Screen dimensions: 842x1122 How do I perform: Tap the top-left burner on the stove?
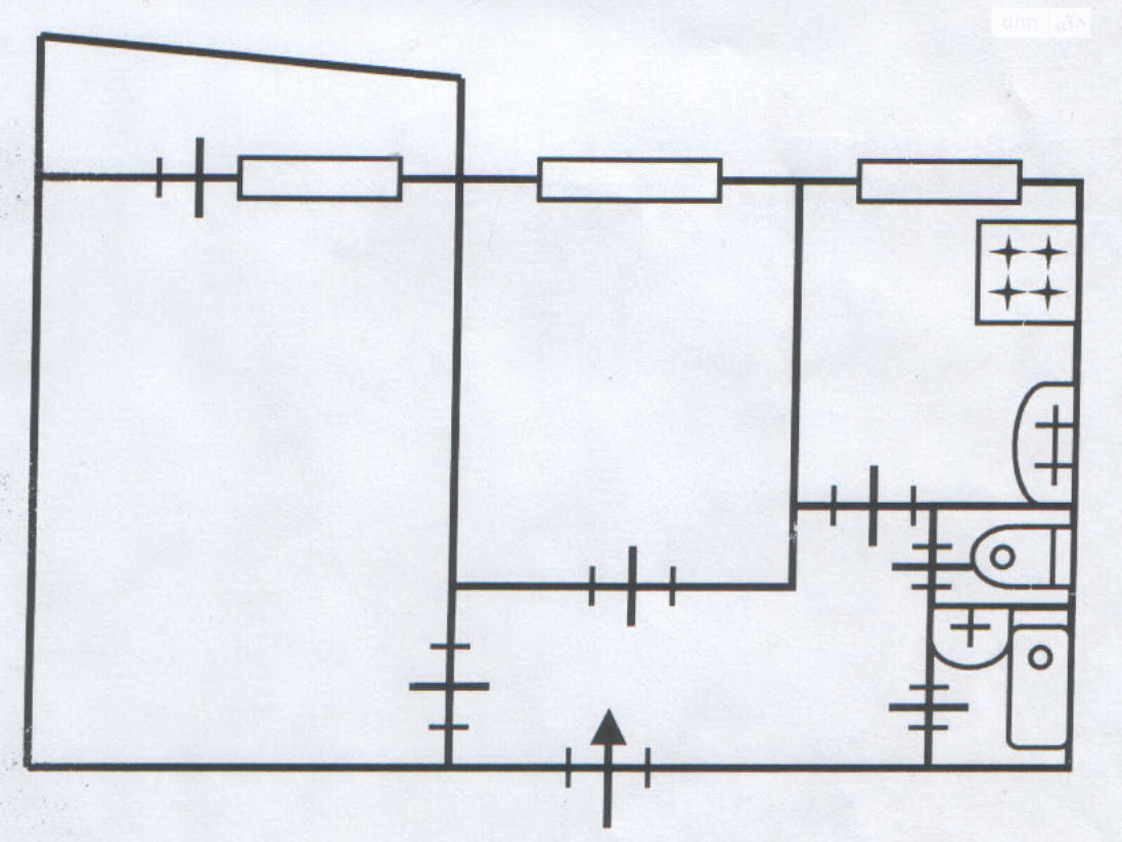click(1007, 251)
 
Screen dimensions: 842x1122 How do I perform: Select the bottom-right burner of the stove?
click(1048, 293)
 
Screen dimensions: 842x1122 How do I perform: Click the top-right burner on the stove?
click(1048, 251)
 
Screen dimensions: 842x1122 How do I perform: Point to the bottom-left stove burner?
click(1007, 293)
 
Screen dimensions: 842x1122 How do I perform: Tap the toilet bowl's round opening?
click(1003, 558)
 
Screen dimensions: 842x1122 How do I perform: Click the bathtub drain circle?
click(1041, 657)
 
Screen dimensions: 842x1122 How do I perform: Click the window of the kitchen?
click(938, 181)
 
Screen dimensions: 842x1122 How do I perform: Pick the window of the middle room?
click(629, 180)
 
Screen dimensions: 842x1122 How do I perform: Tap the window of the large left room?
click(320, 178)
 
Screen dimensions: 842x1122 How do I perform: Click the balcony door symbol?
click(198, 178)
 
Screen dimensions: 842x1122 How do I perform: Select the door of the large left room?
click(449, 686)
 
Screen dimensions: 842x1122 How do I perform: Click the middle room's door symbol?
click(631, 585)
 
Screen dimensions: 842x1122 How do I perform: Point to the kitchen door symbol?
click(873, 505)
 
